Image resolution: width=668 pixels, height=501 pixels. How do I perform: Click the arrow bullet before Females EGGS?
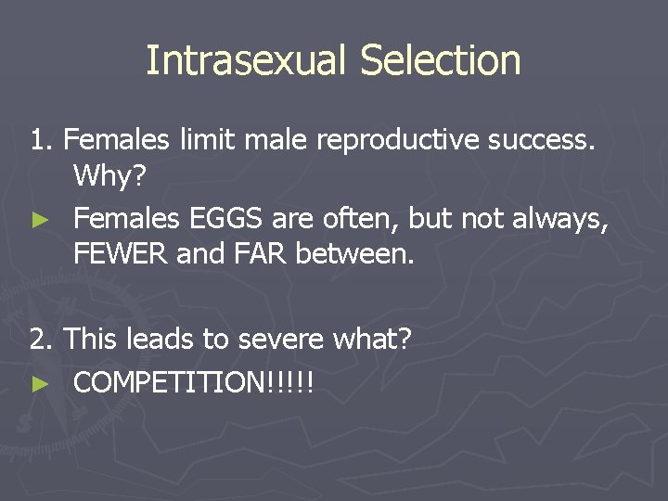click(39, 220)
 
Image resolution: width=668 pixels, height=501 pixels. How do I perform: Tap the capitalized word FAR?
click(260, 253)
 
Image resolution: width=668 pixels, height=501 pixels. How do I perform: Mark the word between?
click(354, 253)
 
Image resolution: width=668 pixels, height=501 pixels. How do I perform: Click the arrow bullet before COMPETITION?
click(39, 383)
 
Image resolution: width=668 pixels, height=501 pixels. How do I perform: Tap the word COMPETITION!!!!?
click(193, 382)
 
